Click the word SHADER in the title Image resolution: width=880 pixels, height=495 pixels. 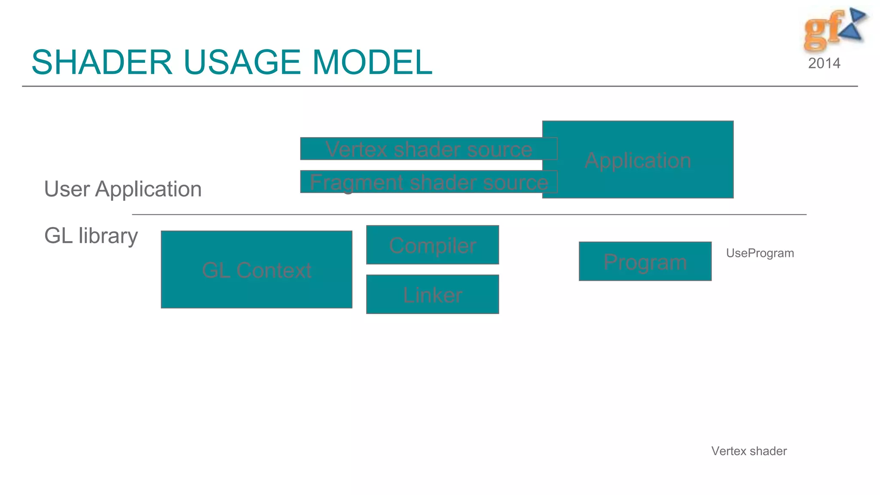102,62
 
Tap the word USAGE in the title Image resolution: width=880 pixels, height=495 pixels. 242,62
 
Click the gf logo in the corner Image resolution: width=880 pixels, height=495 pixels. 834,29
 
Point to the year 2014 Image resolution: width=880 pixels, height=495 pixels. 824,64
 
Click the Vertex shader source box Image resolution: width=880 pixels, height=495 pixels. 428,149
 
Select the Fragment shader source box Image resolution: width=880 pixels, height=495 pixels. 428,182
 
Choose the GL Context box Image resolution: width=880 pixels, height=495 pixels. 257,270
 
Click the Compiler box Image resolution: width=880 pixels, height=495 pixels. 432,245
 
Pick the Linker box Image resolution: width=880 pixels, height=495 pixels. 432,295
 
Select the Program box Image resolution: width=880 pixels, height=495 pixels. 645,262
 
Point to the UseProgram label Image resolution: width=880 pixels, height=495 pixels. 760,253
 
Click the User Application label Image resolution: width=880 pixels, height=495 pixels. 123,189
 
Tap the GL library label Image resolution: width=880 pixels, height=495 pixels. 91,236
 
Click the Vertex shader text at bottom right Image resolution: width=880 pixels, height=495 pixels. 749,451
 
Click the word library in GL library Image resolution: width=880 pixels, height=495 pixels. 108,236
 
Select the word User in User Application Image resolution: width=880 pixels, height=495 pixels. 67,189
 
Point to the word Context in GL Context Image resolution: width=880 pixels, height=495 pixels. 274,270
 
